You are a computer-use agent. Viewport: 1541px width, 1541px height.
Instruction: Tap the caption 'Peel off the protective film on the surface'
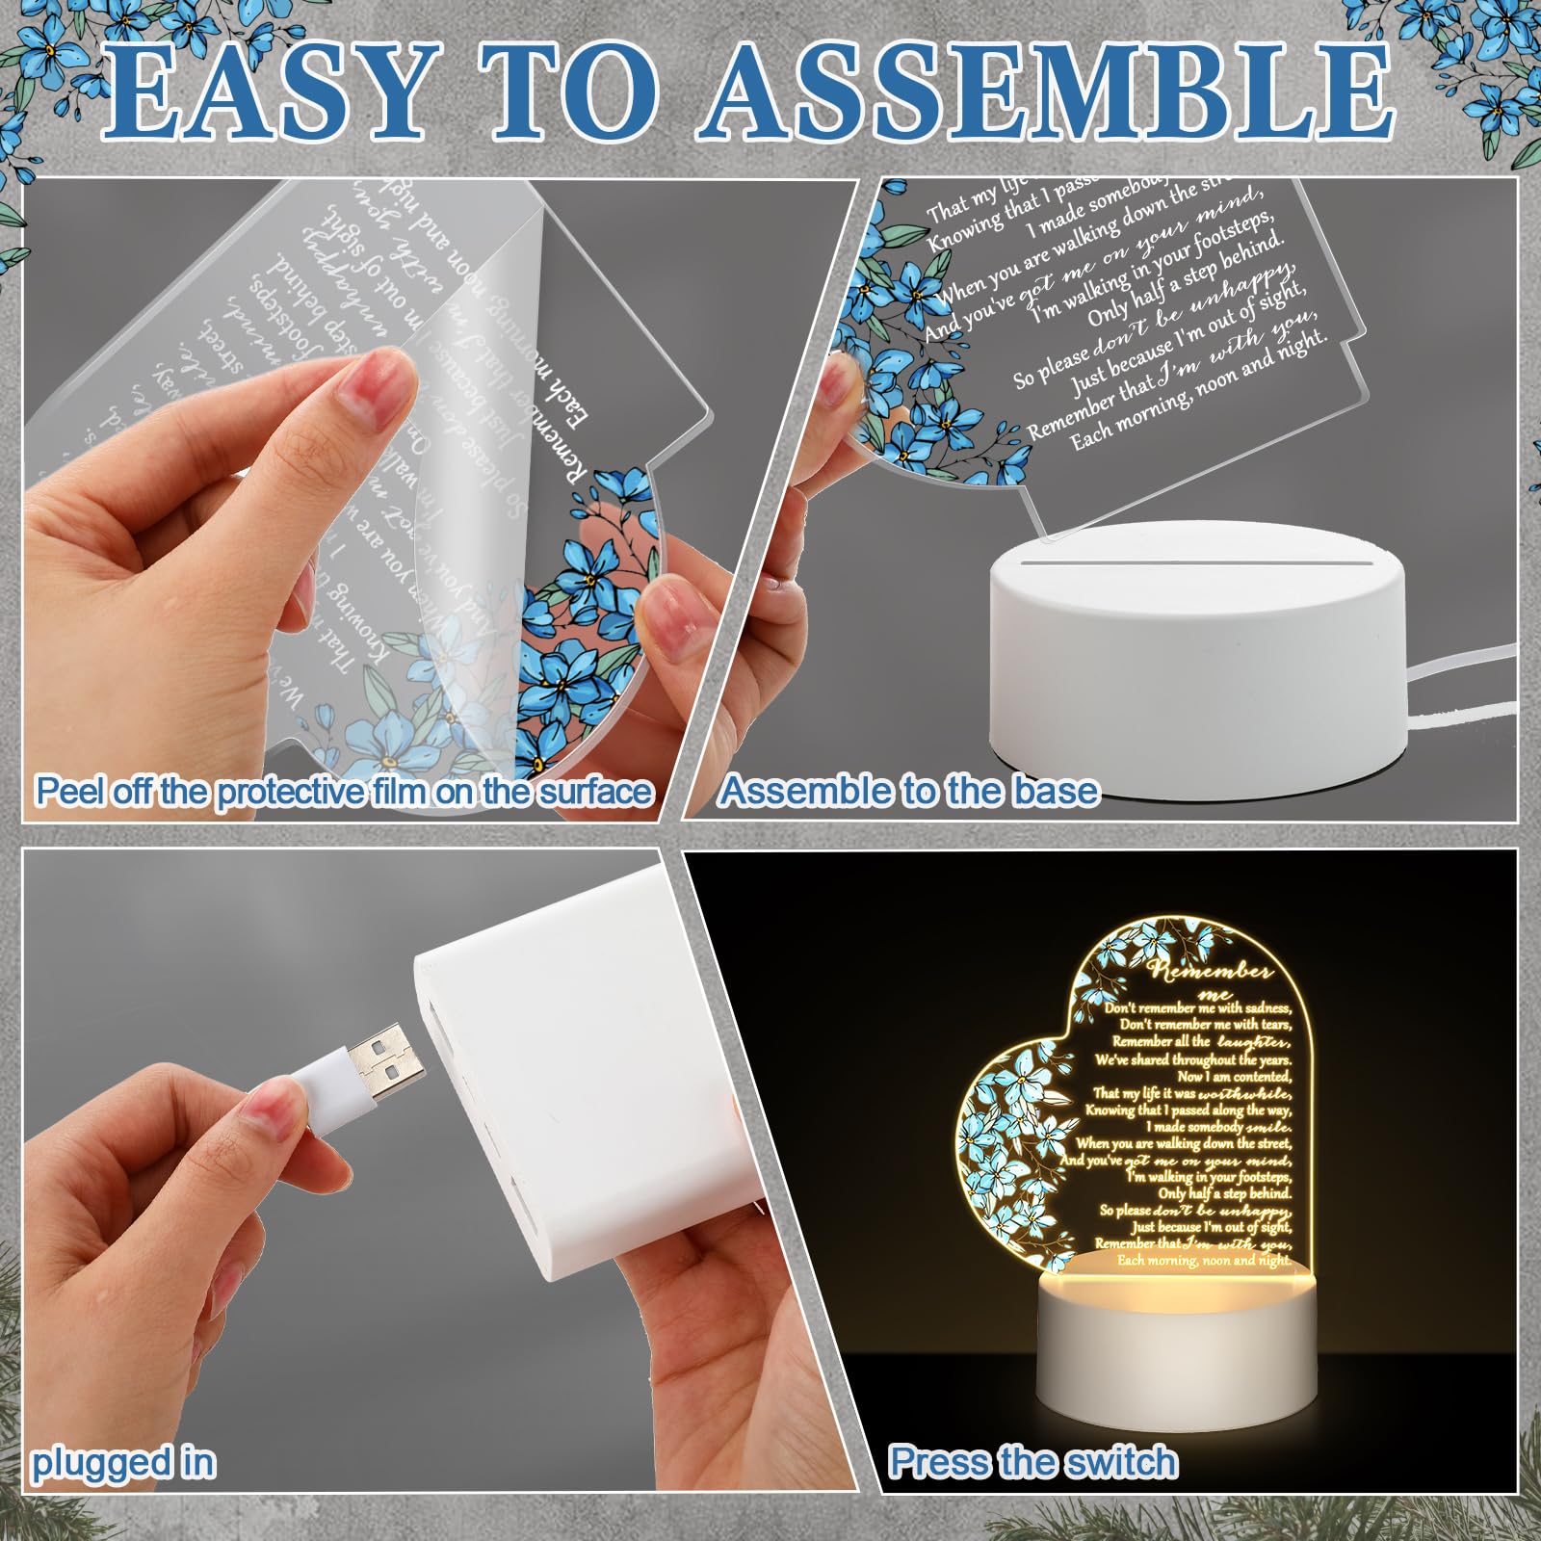click(344, 792)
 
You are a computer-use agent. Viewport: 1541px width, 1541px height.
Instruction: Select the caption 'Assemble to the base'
click(909, 791)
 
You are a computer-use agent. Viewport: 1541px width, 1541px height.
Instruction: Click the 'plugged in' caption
click(123, 1462)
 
